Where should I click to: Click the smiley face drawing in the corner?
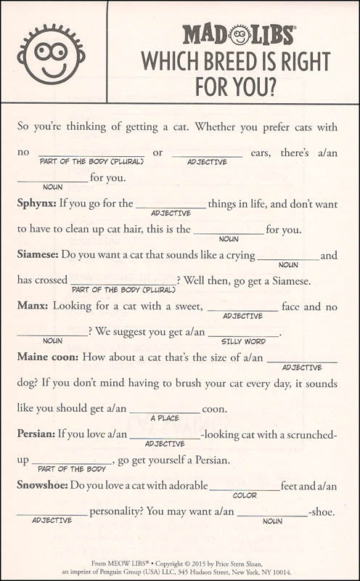pyautogui.click(x=51, y=52)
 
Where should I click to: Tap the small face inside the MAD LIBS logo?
pyautogui.click(x=240, y=34)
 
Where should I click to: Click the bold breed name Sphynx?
pyautogui.click(x=36, y=203)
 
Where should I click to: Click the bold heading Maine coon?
pyautogui.click(x=49, y=357)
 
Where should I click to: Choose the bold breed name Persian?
pyautogui.click(x=36, y=434)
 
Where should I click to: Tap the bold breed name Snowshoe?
pyautogui.click(x=41, y=486)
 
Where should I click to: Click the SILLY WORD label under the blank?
pyautogui.click(x=243, y=341)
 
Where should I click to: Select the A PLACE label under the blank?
pyautogui.click(x=165, y=418)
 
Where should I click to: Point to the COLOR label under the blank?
pyautogui.click(x=245, y=495)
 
